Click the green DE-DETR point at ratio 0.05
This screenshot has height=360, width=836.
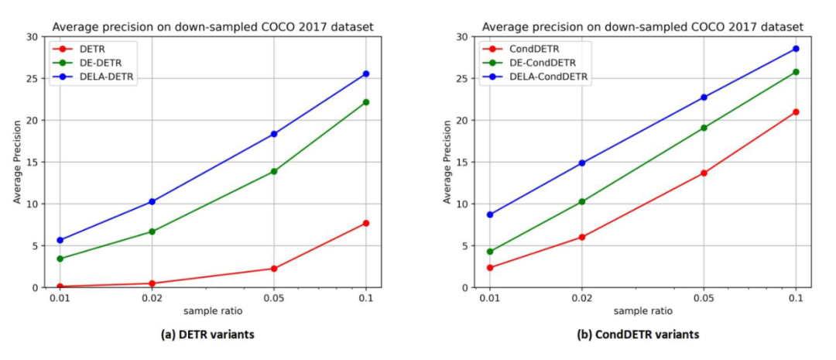pyautogui.click(x=274, y=171)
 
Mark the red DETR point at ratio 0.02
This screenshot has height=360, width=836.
pyautogui.click(x=152, y=283)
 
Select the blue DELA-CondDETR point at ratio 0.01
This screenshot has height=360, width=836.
pyautogui.click(x=490, y=214)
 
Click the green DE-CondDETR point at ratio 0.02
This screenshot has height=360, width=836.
pyautogui.click(x=582, y=201)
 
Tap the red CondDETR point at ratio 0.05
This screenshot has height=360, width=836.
pyautogui.click(x=704, y=173)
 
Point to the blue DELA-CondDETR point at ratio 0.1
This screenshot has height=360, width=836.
pyautogui.click(x=796, y=49)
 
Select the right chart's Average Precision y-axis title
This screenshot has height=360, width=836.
pyautogui.click(x=447, y=162)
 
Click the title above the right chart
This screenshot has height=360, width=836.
pyautogui.click(x=642, y=27)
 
